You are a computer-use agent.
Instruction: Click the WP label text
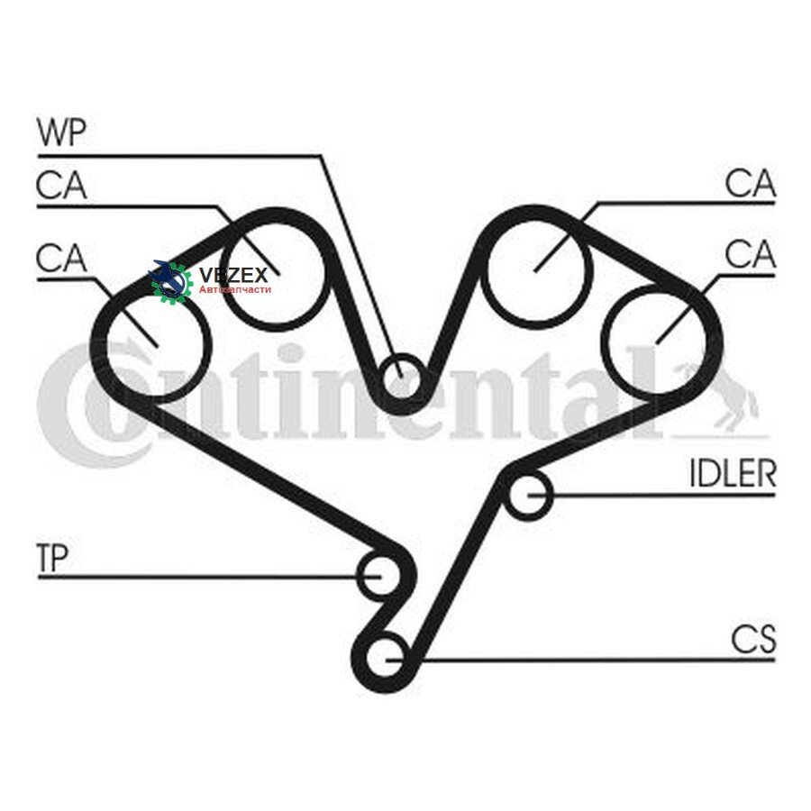point(61,132)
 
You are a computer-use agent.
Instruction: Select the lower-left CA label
point(61,258)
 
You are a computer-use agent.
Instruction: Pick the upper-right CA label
point(751,183)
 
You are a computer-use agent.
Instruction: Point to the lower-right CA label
point(751,254)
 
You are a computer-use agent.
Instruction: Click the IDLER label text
point(734,473)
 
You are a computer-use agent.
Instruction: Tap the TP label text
point(53,558)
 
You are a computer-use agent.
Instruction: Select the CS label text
point(753,639)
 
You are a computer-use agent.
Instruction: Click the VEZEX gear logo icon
point(171,282)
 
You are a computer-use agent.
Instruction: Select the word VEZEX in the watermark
point(233,275)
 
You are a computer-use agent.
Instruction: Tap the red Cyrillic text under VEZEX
point(235,289)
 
